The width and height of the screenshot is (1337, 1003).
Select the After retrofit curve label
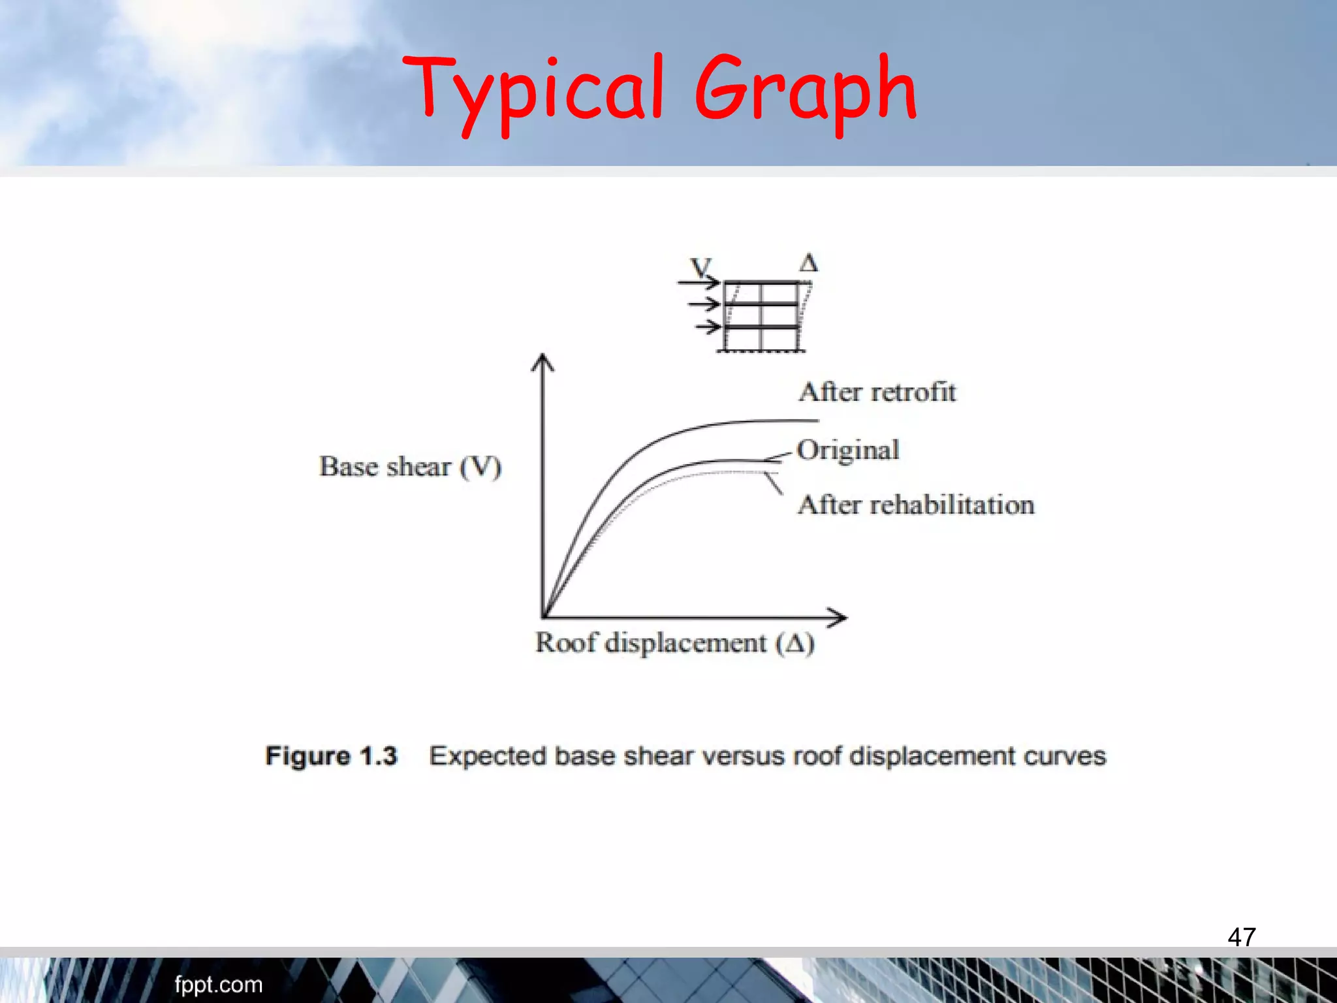[x=877, y=392]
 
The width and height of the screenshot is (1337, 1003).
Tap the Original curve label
[x=848, y=450]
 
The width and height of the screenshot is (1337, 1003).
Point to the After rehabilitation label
[x=916, y=505]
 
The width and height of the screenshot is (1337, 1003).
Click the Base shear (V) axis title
[x=410, y=467]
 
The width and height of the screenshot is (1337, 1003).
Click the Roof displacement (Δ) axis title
[x=674, y=643]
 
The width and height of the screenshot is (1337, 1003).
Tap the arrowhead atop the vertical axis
[x=543, y=362]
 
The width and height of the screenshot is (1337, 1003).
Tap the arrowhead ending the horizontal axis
[x=838, y=617]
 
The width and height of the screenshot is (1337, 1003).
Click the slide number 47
[x=1241, y=937]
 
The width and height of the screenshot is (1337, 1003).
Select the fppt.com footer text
[x=218, y=984]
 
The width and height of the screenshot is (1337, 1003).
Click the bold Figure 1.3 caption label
[x=331, y=756]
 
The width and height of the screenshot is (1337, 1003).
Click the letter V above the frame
[x=700, y=267]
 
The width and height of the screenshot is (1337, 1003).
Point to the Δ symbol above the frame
[x=808, y=263]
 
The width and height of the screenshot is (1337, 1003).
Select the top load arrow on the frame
[x=699, y=283]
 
